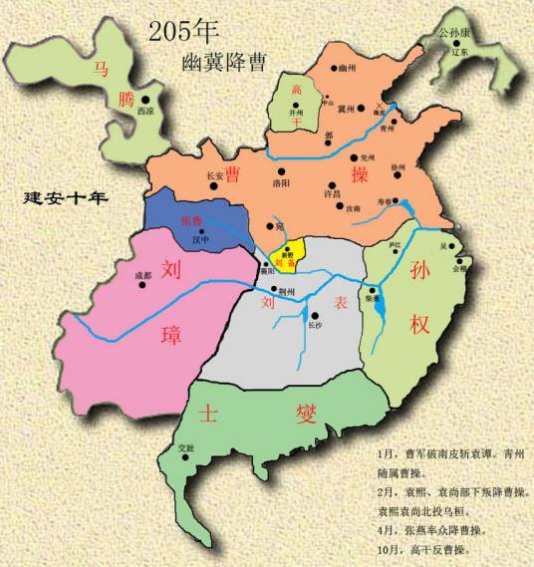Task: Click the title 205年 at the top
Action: tap(185, 30)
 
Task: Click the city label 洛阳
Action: tap(254, 184)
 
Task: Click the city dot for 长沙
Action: tap(313, 312)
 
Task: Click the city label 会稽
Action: tap(459, 268)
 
